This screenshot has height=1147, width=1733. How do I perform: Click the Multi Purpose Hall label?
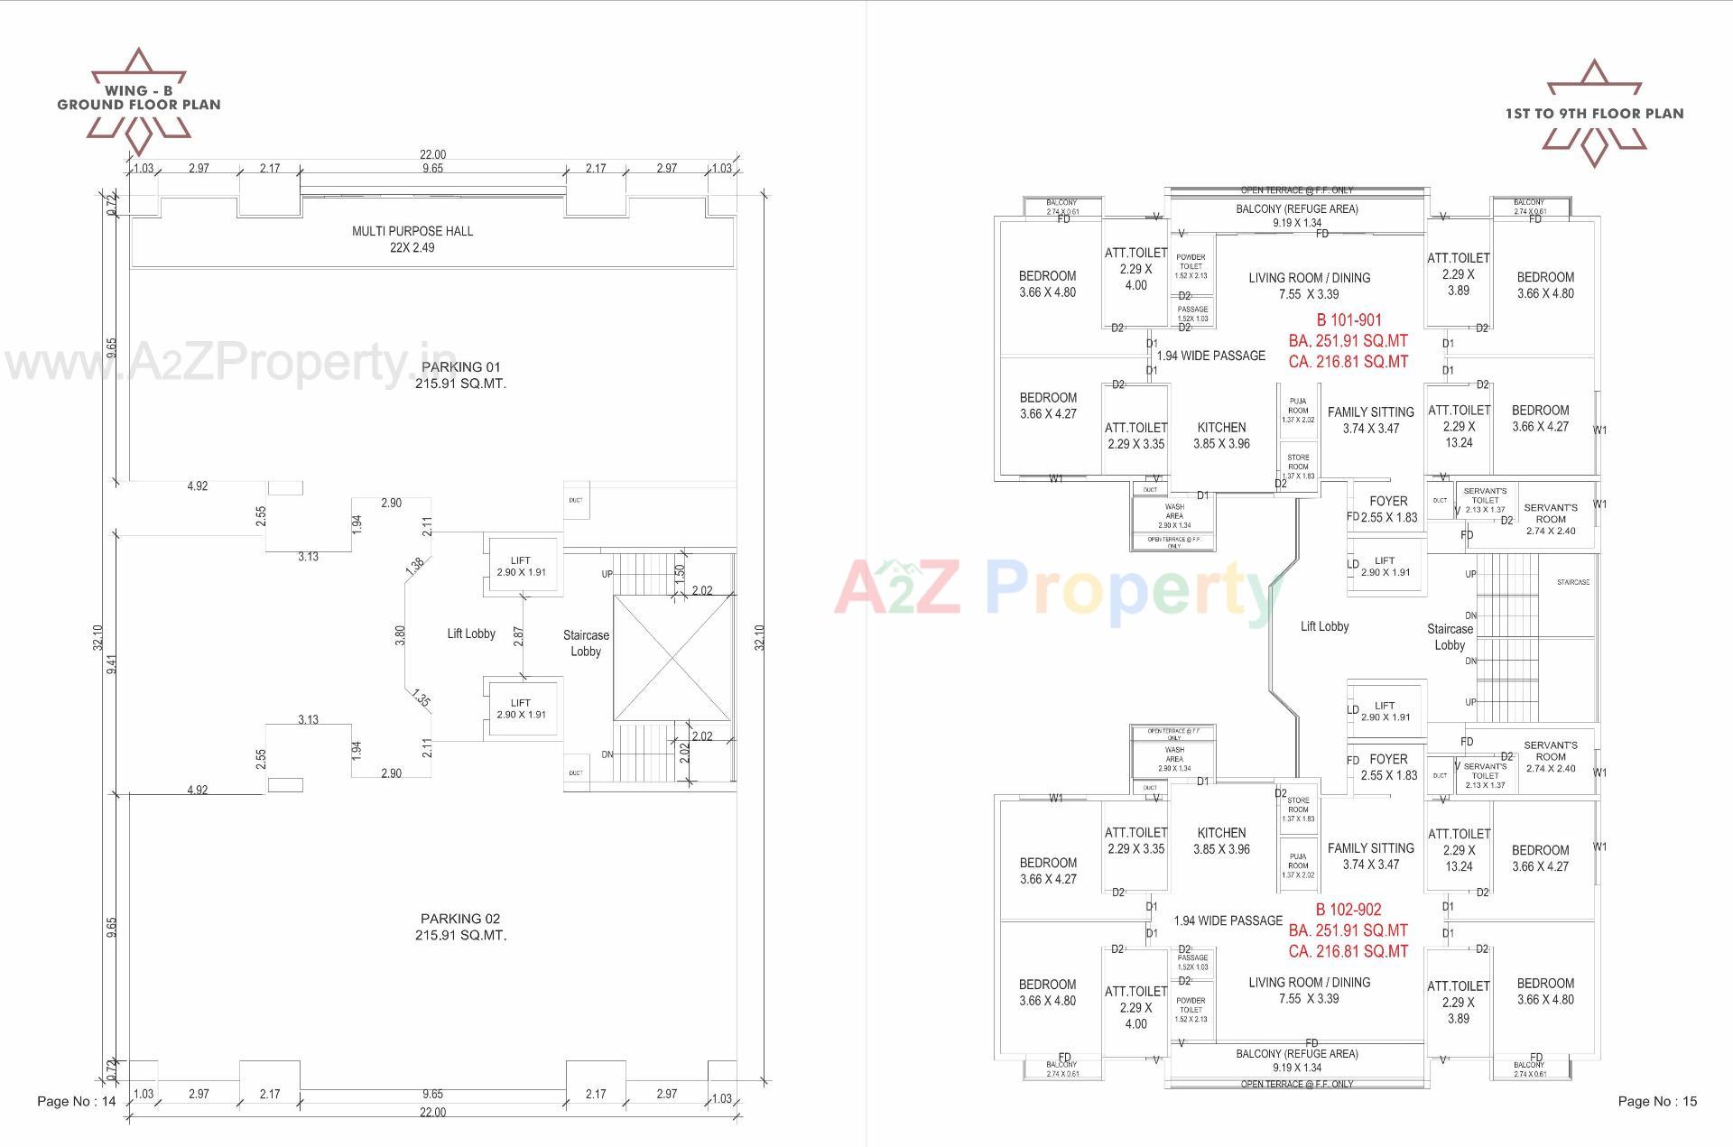pos(412,231)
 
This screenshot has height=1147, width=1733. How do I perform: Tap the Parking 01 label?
pos(460,367)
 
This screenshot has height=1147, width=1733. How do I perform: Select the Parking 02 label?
pos(460,919)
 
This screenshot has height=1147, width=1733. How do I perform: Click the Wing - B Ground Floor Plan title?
pos(139,97)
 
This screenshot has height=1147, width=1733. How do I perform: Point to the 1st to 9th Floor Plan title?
pos(1594,114)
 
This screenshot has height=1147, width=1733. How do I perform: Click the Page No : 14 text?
pos(77,1101)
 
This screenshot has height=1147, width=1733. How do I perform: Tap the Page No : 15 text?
pos(1657,1101)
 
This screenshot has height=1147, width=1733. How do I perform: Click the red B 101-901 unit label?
pos(1348,320)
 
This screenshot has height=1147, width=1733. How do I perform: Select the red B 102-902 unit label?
pos(1348,910)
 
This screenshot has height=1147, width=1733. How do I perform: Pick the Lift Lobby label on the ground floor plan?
pos(471,634)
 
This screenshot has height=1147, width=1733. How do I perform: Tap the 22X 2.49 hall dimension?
pos(412,248)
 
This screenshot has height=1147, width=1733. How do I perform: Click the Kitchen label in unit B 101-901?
pos(1221,428)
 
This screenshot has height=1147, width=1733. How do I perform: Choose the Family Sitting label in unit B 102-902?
pos(1370,848)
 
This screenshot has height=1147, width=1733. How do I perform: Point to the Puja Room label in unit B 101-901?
pos(1298,405)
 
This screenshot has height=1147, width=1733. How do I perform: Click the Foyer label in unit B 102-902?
pos(1388,760)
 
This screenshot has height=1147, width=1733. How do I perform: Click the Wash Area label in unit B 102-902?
pos(1174,754)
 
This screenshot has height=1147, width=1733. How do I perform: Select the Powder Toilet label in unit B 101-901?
pos(1191,262)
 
